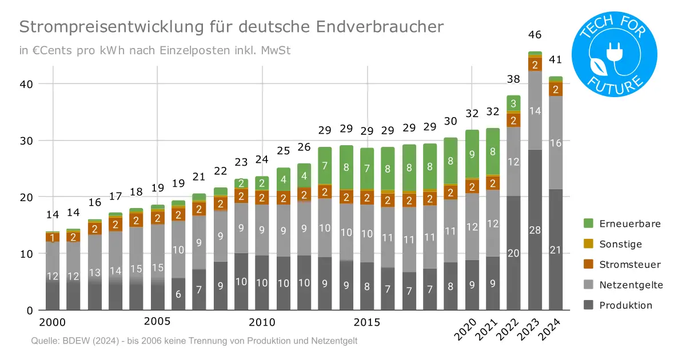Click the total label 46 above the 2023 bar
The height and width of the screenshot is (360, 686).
535,35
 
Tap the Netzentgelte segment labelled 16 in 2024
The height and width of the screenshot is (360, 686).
556,143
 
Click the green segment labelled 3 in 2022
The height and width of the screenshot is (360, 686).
514,103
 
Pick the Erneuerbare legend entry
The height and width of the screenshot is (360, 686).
622,223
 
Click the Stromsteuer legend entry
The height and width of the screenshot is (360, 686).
621,265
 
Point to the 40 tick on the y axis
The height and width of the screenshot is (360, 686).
27,84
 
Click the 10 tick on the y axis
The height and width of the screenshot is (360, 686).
27,253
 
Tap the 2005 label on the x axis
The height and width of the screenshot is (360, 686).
157,322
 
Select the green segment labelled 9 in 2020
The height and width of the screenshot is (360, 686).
472,154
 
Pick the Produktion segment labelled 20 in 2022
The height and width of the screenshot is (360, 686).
514,253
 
